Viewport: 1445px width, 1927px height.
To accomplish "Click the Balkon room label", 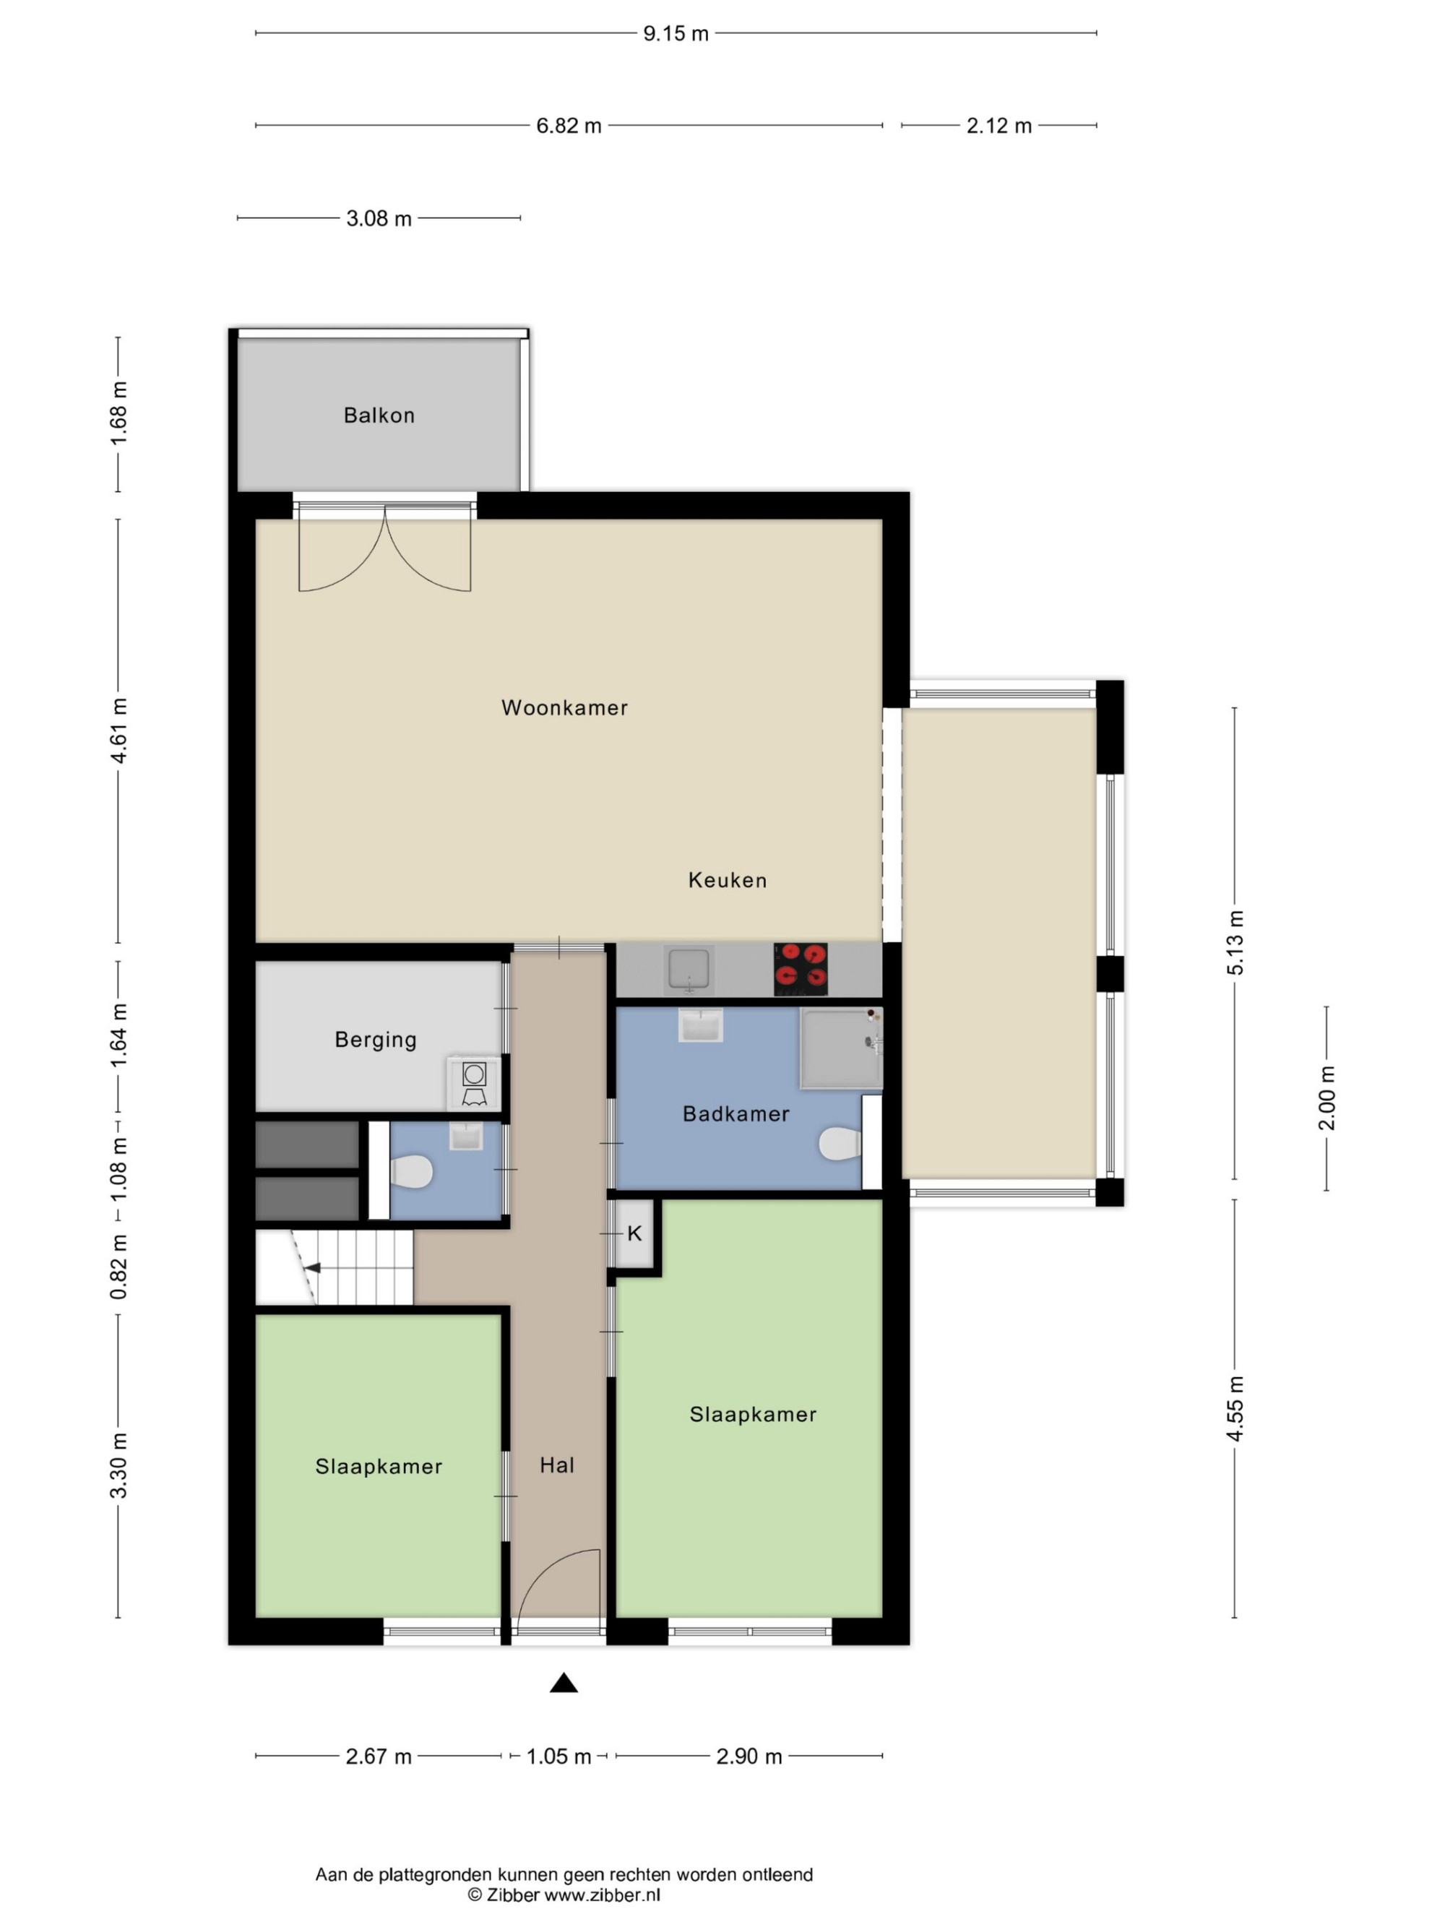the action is (379, 415).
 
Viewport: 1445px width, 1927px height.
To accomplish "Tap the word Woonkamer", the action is (564, 707).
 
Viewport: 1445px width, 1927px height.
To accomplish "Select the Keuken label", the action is (728, 880).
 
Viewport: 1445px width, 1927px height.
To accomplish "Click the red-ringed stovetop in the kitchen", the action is (801, 968).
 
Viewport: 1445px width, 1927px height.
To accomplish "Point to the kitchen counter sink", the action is (688, 969).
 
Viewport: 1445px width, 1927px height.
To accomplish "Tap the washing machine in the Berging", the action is (475, 1084).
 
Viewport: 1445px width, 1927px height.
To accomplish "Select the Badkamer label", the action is (736, 1113).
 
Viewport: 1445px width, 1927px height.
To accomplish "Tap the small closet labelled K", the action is (634, 1233).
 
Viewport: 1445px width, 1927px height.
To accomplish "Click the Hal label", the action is (556, 1465).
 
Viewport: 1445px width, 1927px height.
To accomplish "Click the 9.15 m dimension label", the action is (676, 33).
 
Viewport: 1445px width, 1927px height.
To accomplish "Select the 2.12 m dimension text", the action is (999, 126).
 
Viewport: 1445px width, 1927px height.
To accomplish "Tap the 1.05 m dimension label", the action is (558, 1756).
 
